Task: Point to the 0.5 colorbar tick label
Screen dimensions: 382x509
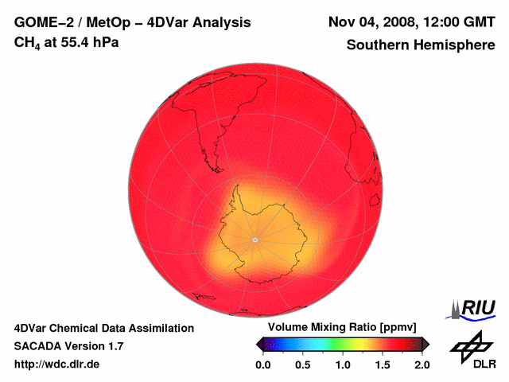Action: tap(303, 364)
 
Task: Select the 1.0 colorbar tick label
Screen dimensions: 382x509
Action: tap(343, 364)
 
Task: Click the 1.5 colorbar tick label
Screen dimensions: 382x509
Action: tap(383, 364)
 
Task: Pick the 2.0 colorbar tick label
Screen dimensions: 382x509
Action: tap(422, 364)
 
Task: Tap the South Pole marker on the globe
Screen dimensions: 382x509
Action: tap(254, 240)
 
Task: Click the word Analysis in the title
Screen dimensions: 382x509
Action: tap(224, 22)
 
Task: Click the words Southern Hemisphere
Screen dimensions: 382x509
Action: tap(420, 45)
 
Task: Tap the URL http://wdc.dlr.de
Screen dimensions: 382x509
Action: tap(57, 364)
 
